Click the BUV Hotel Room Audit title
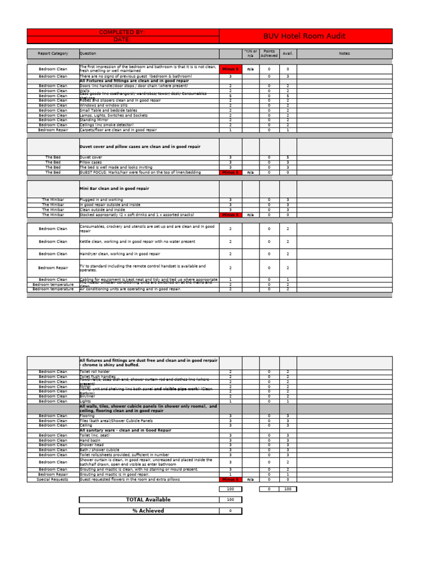click(304, 36)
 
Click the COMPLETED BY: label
click(122, 33)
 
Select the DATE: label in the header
click(122, 40)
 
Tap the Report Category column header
click(53, 54)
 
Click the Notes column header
click(344, 54)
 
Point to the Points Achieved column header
click(269, 54)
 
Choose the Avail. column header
click(288, 54)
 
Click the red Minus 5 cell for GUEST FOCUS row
click(230, 172)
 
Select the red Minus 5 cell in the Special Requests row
click(230, 479)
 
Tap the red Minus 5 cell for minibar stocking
click(230, 215)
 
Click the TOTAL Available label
click(149, 499)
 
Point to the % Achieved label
click(149, 511)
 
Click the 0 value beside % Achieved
click(230, 511)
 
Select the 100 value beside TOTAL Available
click(230, 499)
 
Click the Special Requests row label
click(53, 479)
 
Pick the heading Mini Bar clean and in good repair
click(114, 188)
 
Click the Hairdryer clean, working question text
click(120, 254)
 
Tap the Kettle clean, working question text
click(130, 241)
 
